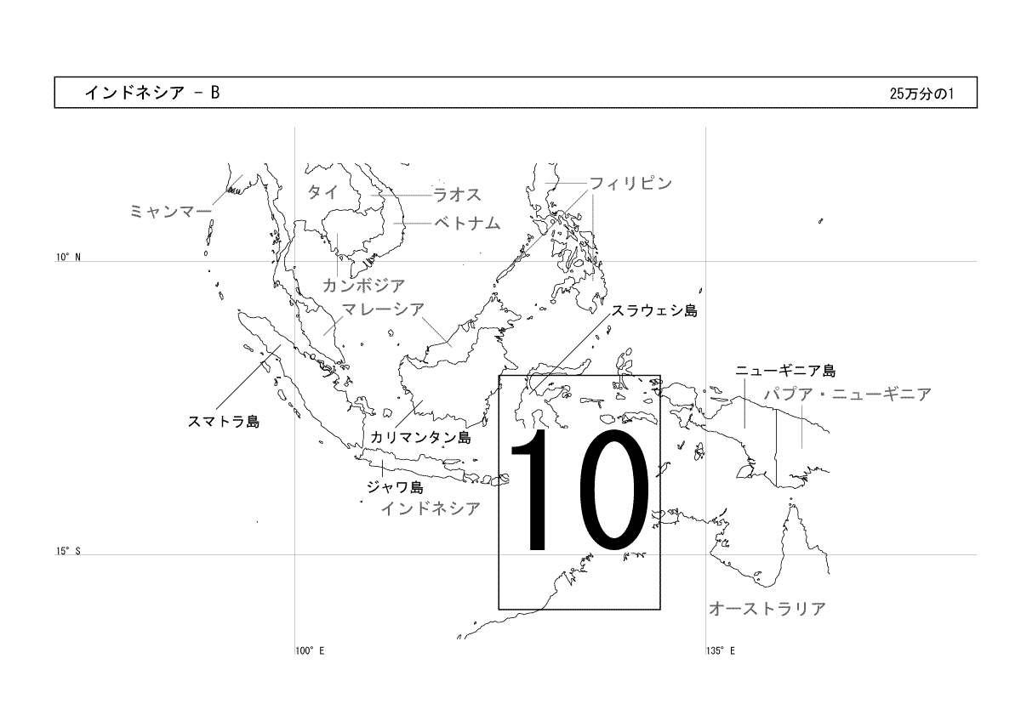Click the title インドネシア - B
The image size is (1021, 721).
coord(152,93)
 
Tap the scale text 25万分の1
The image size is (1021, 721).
coord(921,94)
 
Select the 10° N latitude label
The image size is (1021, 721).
coord(68,258)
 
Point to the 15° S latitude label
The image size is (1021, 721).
coord(68,551)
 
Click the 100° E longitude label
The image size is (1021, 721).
coord(310,651)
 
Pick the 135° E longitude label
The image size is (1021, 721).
coord(721,651)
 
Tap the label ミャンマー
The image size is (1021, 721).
coord(171,212)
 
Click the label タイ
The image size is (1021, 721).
coord(322,192)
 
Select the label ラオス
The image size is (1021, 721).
coord(457,195)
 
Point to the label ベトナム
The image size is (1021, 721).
coord(467,223)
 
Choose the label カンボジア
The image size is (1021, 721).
coord(364,286)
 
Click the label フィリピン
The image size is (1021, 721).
coord(630,183)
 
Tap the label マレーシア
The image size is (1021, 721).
coord(383,309)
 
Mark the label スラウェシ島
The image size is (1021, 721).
coord(654,310)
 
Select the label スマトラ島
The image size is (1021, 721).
coord(223,422)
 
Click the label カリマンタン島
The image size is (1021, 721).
coord(420,437)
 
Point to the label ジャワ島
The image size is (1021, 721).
coord(395,487)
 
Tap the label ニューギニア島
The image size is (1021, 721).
coord(785,371)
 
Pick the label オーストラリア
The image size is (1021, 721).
coord(767,609)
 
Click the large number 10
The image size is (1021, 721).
coord(579,490)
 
